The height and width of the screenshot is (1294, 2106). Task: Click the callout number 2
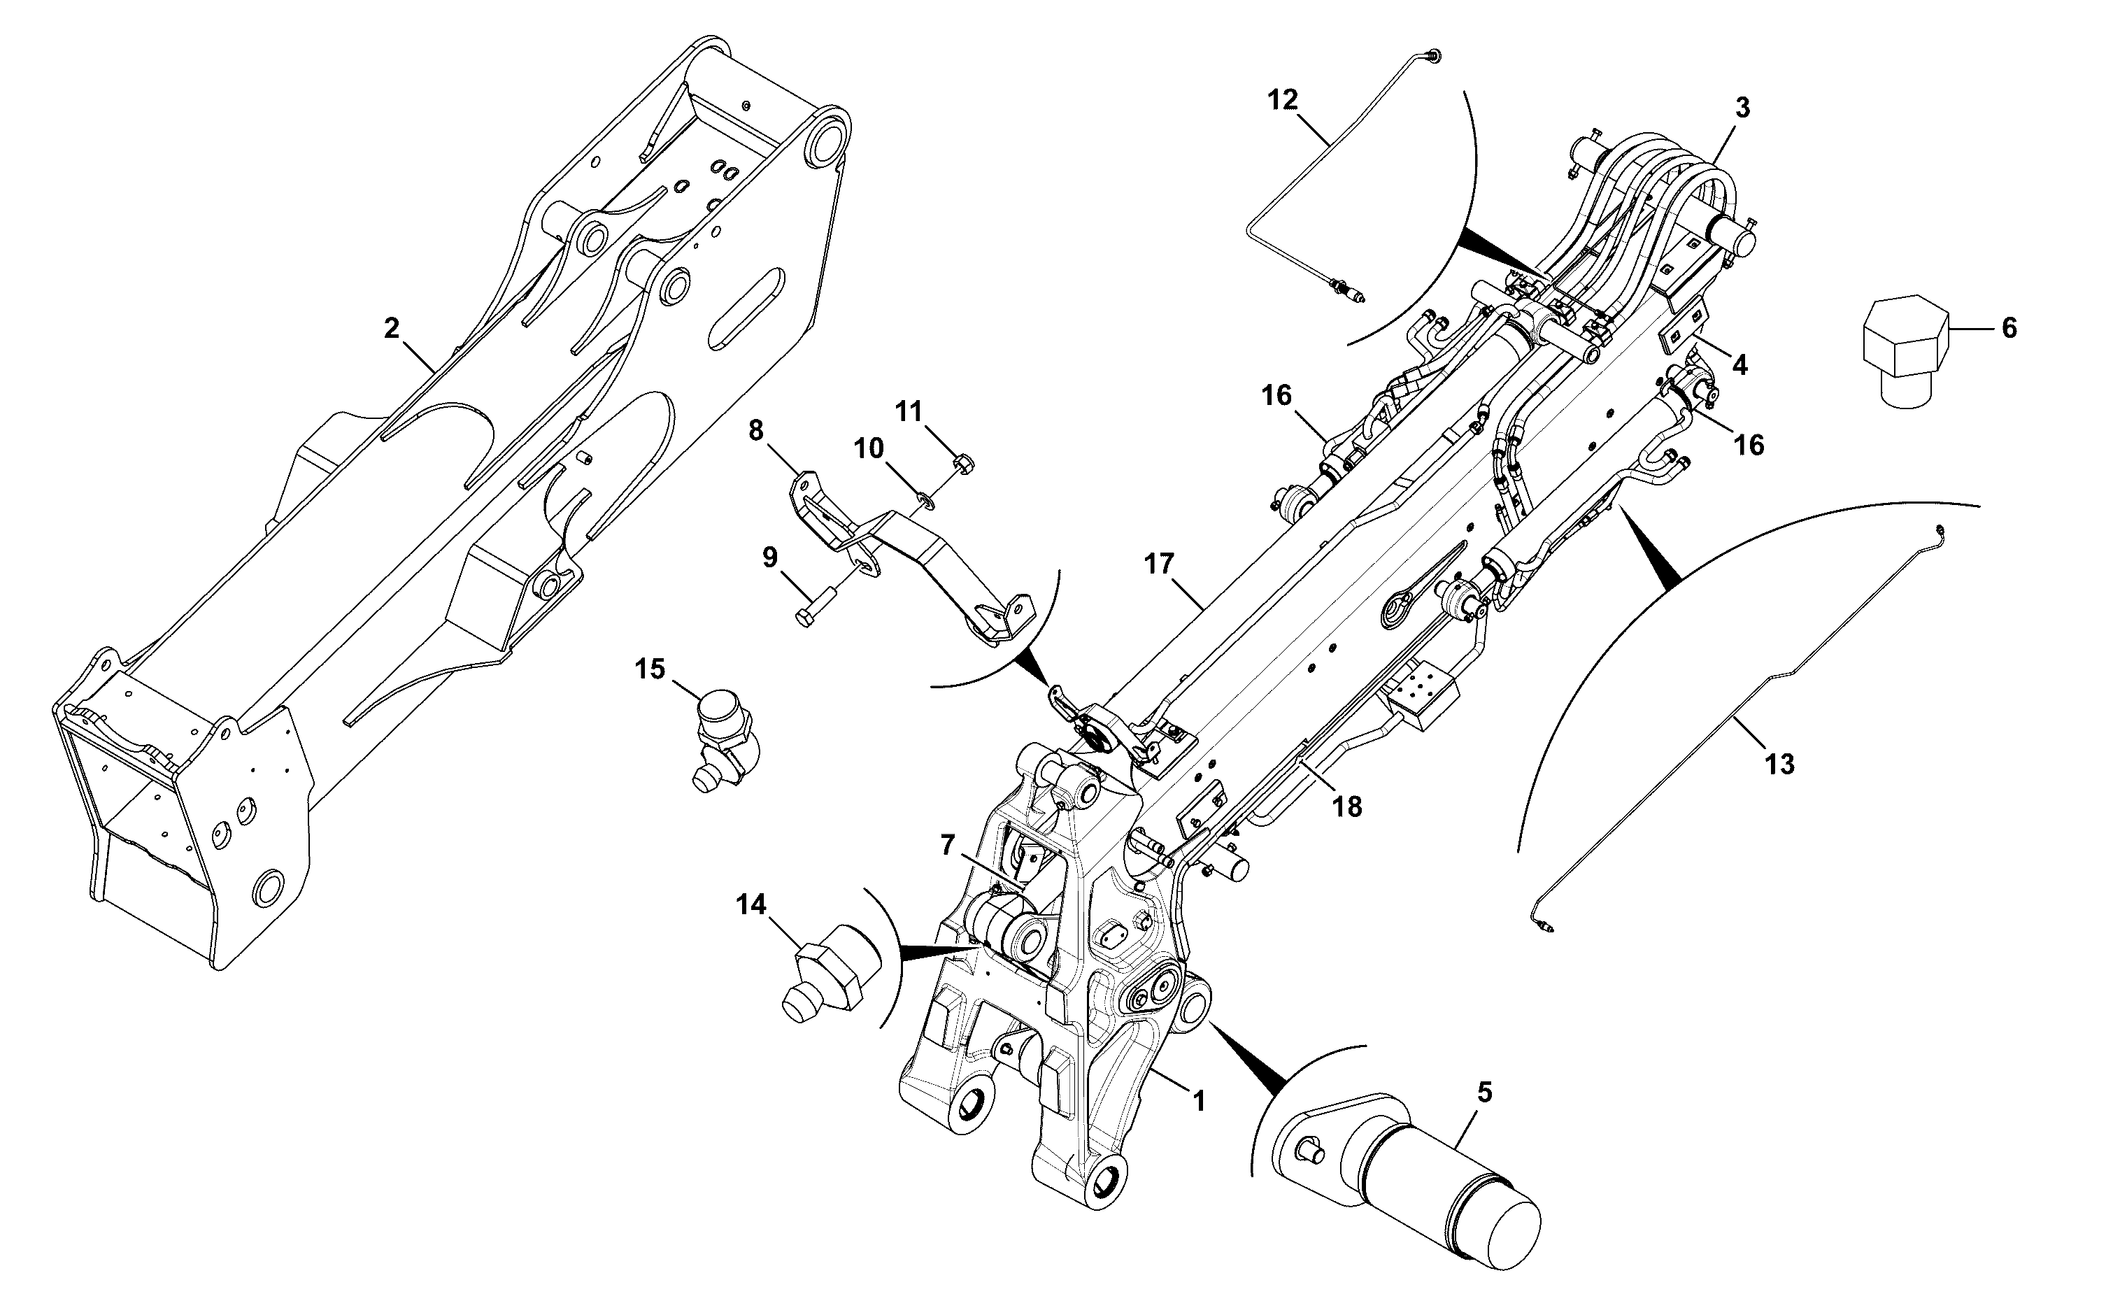click(391, 329)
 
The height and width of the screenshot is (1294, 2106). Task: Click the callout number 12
click(1282, 100)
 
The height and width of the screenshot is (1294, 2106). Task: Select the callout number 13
click(1779, 763)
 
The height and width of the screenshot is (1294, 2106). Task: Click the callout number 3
click(1742, 108)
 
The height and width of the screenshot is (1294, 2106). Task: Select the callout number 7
click(946, 846)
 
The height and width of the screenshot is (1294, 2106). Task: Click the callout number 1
click(1199, 1100)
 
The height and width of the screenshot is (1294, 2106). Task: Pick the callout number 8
click(755, 430)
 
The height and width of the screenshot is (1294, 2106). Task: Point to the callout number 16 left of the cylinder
click(1276, 395)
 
